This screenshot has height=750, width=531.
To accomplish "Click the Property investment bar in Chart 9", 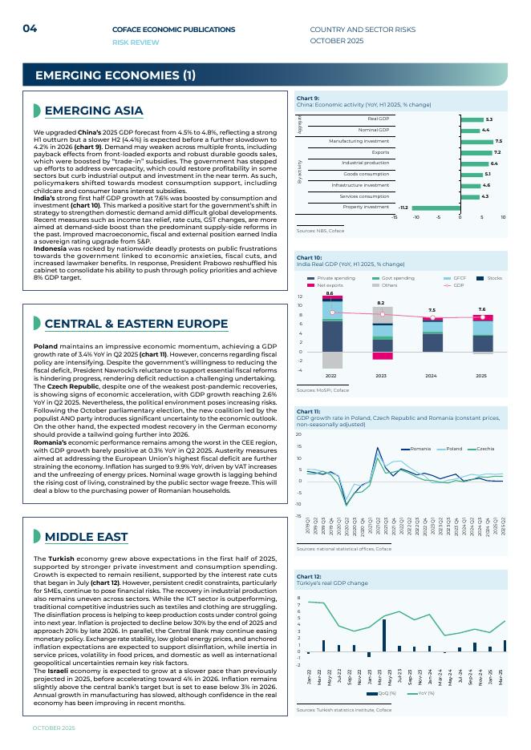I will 436,207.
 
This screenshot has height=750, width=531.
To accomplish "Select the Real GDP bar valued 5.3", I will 471,119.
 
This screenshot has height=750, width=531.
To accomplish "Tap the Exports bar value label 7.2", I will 497,152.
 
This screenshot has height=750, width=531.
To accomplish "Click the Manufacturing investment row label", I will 359,141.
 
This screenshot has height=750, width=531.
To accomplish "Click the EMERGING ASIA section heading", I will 94,111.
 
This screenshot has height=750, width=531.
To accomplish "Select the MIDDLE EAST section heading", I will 86,536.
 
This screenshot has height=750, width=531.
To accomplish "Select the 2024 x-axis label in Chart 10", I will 432,375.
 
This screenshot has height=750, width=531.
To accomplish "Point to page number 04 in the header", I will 30,29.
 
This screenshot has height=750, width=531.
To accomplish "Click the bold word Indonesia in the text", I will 50,248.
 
